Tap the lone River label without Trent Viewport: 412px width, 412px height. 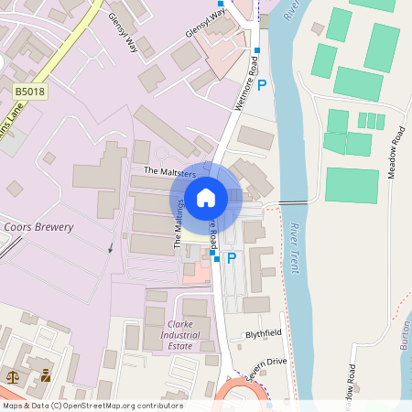tap(292, 11)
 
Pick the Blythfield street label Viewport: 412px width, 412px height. tap(264, 334)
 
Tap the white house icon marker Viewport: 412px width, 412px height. tap(206, 197)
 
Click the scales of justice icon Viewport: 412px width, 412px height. tap(14, 375)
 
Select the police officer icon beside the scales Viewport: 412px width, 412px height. tap(45, 375)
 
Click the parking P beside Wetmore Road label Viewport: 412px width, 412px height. tap(262, 85)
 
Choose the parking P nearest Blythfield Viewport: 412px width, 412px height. tap(232, 259)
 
